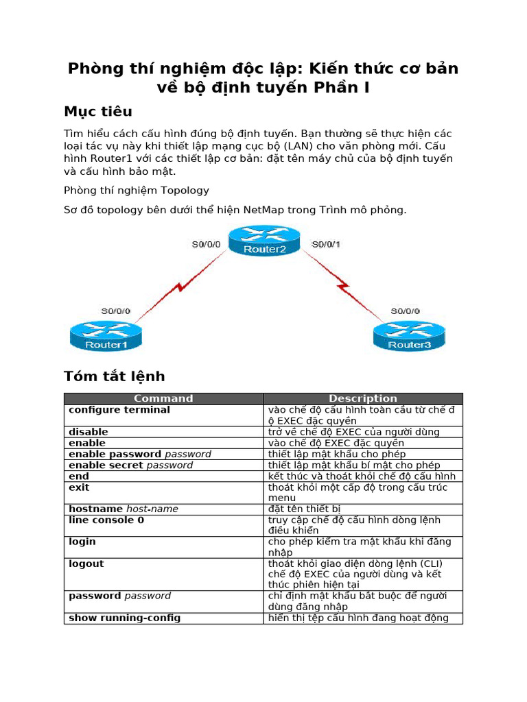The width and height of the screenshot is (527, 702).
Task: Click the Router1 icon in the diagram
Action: click(x=106, y=335)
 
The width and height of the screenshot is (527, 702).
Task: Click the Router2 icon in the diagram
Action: click(x=265, y=241)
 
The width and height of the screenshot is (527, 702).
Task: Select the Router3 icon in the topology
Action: click(x=409, y=335)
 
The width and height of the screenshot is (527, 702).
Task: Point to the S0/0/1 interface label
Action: click(x=326, y=244)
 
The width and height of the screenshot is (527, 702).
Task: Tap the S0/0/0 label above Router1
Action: click(x=116, y=311)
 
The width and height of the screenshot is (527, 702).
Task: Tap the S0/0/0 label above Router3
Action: click(x=406, y=311)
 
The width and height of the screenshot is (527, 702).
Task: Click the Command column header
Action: click(x=163, y=398)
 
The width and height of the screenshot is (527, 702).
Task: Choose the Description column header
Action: click(x=363, y=398)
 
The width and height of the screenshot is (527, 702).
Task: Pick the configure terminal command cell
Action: click(x=119, y=410)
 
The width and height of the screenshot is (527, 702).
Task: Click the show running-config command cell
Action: click(x=125, y=618)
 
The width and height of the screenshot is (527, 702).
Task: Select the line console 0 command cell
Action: click(x=106, y=520)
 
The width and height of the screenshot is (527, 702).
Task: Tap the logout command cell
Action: click(x=86, y=564)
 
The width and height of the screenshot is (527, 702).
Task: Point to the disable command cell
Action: click(x=89, y=432)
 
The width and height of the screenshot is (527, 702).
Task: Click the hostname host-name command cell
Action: click(x=124, y=509)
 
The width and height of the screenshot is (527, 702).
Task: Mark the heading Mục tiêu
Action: click(x=98, y=111)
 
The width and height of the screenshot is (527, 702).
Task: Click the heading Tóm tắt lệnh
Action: click(x=115, y=376)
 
